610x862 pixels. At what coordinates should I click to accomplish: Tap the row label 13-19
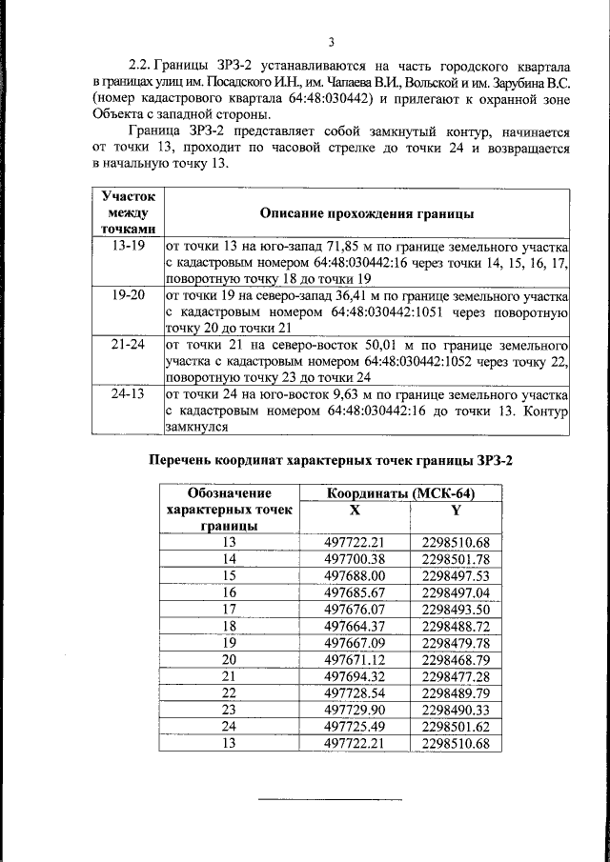[x=128, y=245]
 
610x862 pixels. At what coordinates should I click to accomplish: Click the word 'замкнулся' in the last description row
[x=196, y=428]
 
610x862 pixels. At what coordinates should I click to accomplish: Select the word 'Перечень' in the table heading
[x=183, y=461]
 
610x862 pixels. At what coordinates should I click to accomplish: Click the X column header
[x=354, y=511]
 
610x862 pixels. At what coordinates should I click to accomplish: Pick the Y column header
[x=456, y=511]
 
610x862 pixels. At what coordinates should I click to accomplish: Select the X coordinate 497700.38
[x=354, y=559]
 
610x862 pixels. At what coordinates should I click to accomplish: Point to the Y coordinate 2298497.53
[x=456, y=575]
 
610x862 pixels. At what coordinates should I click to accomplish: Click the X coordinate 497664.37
[x=354, y=626]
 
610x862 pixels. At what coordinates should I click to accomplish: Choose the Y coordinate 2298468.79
[x=456, y=659]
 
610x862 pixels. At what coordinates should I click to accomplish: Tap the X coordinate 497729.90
[x=354, y=710]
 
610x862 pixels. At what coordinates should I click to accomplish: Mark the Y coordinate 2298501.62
[x=456, y=726]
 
